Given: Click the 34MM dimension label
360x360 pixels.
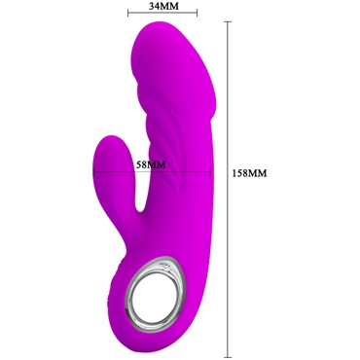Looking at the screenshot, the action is tap(163, 5).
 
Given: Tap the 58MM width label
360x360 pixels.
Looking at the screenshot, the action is tap(151, 164).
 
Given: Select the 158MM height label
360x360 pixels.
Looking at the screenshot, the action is tap(250, 173).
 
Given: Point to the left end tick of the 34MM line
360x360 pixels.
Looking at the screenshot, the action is tap(128, 13).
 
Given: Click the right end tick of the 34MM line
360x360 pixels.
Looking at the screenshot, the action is tap(198, 13).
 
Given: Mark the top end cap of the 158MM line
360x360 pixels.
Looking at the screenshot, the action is tap(228, 21).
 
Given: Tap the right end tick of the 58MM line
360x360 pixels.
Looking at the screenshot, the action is tap(211, 171).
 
